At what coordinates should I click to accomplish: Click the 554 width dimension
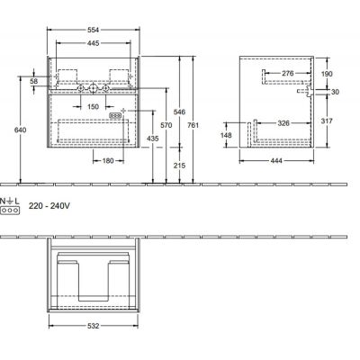(86, 31)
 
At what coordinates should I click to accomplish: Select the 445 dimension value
(86, 42)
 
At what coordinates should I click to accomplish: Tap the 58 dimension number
(33, 82)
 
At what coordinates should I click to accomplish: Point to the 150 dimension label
(92, 106)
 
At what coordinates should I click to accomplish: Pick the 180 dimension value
(106, 160)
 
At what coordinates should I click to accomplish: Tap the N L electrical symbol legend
(10, 204)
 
